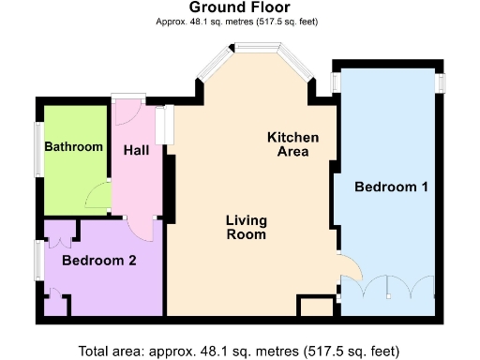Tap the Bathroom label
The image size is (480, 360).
[x=73, y=147]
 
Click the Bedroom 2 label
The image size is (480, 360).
[x=99, y=261]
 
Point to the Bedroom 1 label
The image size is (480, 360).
[x=391, y=187]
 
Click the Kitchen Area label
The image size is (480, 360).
[x=292, y=144]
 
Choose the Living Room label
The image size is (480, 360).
[x=247, y=228]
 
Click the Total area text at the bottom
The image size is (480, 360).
[x=239, y=351]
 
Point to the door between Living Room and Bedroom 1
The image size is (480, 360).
[x=348, y=268]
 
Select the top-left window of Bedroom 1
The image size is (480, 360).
[x=336, y=82]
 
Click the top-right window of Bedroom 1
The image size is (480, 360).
[x=439, y=82]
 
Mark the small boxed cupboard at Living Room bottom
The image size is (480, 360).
[x=316, y=307]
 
